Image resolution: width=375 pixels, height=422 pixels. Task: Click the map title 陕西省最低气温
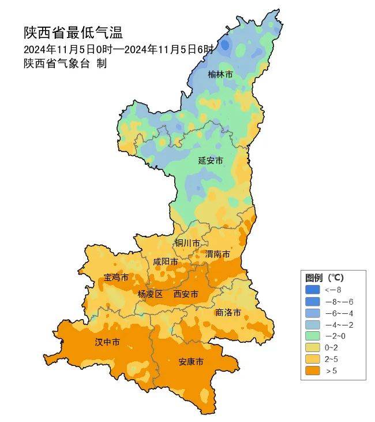73,32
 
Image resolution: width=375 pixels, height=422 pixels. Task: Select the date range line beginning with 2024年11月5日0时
118,49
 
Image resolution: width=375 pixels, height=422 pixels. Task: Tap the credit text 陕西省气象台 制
65,64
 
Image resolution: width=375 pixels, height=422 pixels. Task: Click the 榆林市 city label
220,75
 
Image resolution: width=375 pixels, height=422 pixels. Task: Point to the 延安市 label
211,160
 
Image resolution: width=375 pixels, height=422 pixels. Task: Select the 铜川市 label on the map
187,243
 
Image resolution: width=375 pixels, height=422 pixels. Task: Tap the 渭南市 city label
217,254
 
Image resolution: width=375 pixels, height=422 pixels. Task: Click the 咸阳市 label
166,262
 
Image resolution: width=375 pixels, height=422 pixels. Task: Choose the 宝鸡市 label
116,278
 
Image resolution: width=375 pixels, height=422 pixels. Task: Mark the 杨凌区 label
150,294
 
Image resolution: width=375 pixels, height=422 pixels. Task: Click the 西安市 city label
186,294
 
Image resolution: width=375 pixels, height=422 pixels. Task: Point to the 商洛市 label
228,312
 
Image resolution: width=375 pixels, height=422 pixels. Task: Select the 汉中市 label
107,342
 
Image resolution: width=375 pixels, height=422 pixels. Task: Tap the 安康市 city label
190,362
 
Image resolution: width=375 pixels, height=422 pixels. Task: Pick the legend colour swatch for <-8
312,290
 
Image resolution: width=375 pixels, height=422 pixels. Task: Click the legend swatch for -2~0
312,336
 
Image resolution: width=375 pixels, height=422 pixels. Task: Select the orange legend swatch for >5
312,371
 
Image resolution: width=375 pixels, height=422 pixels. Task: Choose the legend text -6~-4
339,313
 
